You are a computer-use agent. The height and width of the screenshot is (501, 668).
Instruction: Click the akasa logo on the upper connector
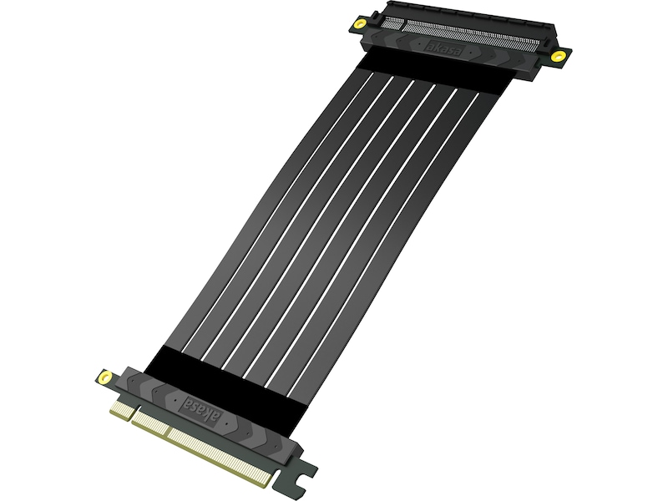[x=443, y=48]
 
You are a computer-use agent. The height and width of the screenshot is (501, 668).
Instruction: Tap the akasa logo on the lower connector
[x=200, y=410]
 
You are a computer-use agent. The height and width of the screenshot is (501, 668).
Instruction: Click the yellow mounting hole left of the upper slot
[x=362, y=23]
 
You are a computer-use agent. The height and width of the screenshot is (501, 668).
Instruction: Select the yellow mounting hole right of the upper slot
[x=557, y=56]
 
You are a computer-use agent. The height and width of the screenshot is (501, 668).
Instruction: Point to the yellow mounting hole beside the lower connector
[x=105, y=377]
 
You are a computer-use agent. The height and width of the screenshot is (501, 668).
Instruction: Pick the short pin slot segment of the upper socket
[x=391, y=23]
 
